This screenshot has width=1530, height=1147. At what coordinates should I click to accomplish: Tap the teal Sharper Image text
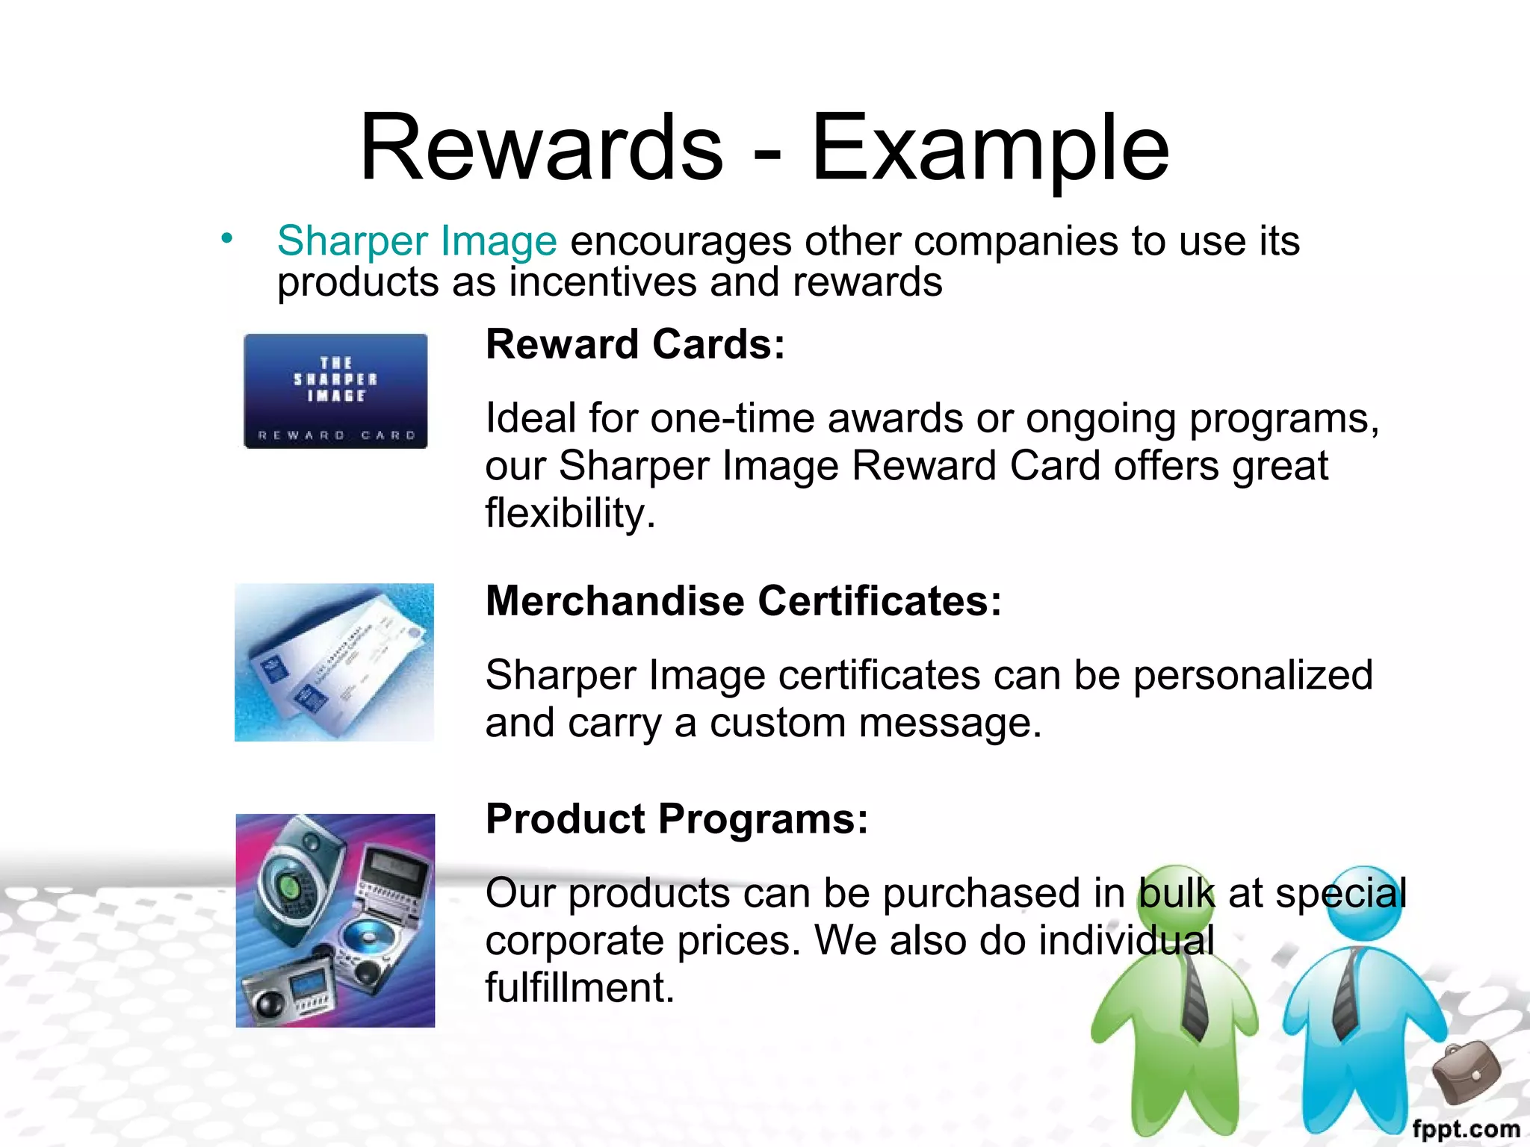click(417, 240)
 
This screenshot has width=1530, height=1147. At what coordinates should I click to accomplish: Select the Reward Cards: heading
click(635, 344)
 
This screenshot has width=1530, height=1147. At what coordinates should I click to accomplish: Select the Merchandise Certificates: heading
click(743, 600)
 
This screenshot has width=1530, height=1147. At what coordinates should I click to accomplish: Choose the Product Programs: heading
click(677, 818)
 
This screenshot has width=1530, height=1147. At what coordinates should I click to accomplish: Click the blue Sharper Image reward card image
click(335, 391)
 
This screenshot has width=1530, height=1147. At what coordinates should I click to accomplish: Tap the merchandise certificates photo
click(334, 662)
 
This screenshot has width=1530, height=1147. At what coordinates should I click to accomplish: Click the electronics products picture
click(335, 920)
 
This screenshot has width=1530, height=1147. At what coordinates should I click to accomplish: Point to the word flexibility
click(570, 514)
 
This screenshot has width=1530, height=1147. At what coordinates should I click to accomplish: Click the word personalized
click(1253, 675)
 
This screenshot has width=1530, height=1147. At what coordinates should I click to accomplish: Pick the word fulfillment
click(580, 987)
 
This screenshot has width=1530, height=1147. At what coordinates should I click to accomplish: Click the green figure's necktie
click(1193, 993)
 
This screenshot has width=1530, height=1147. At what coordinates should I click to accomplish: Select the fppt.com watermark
click(1466, 1129)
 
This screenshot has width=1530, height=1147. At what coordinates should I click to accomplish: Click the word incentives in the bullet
click(602, 282)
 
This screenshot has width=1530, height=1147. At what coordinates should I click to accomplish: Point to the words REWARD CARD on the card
click(336, 435)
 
